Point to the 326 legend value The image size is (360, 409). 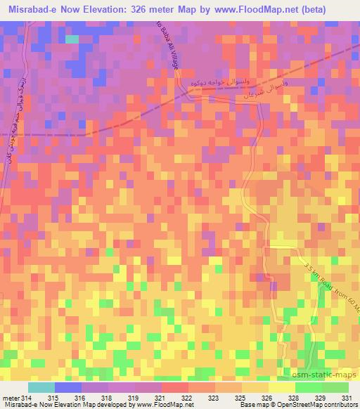[x=268, y=397]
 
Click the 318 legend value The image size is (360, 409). [x=108, y=397]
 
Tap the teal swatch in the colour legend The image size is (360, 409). [x=41, y=387]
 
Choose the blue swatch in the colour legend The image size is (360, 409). [x=68, y=387]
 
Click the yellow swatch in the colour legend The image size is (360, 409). [x=282, y=387]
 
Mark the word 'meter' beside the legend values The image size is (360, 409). [x=11, y=397]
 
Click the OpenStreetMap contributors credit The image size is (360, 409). [x=323, y=405]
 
